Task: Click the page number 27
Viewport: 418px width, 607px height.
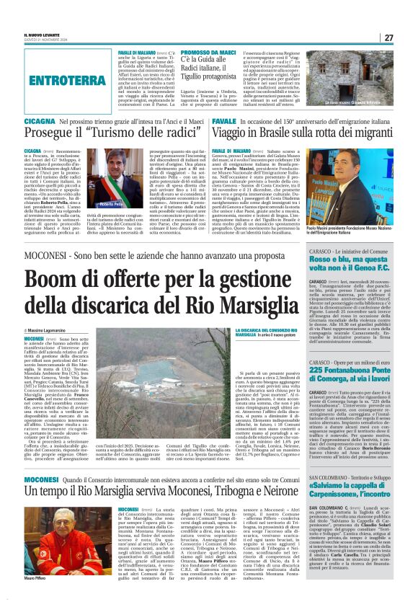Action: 408,37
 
